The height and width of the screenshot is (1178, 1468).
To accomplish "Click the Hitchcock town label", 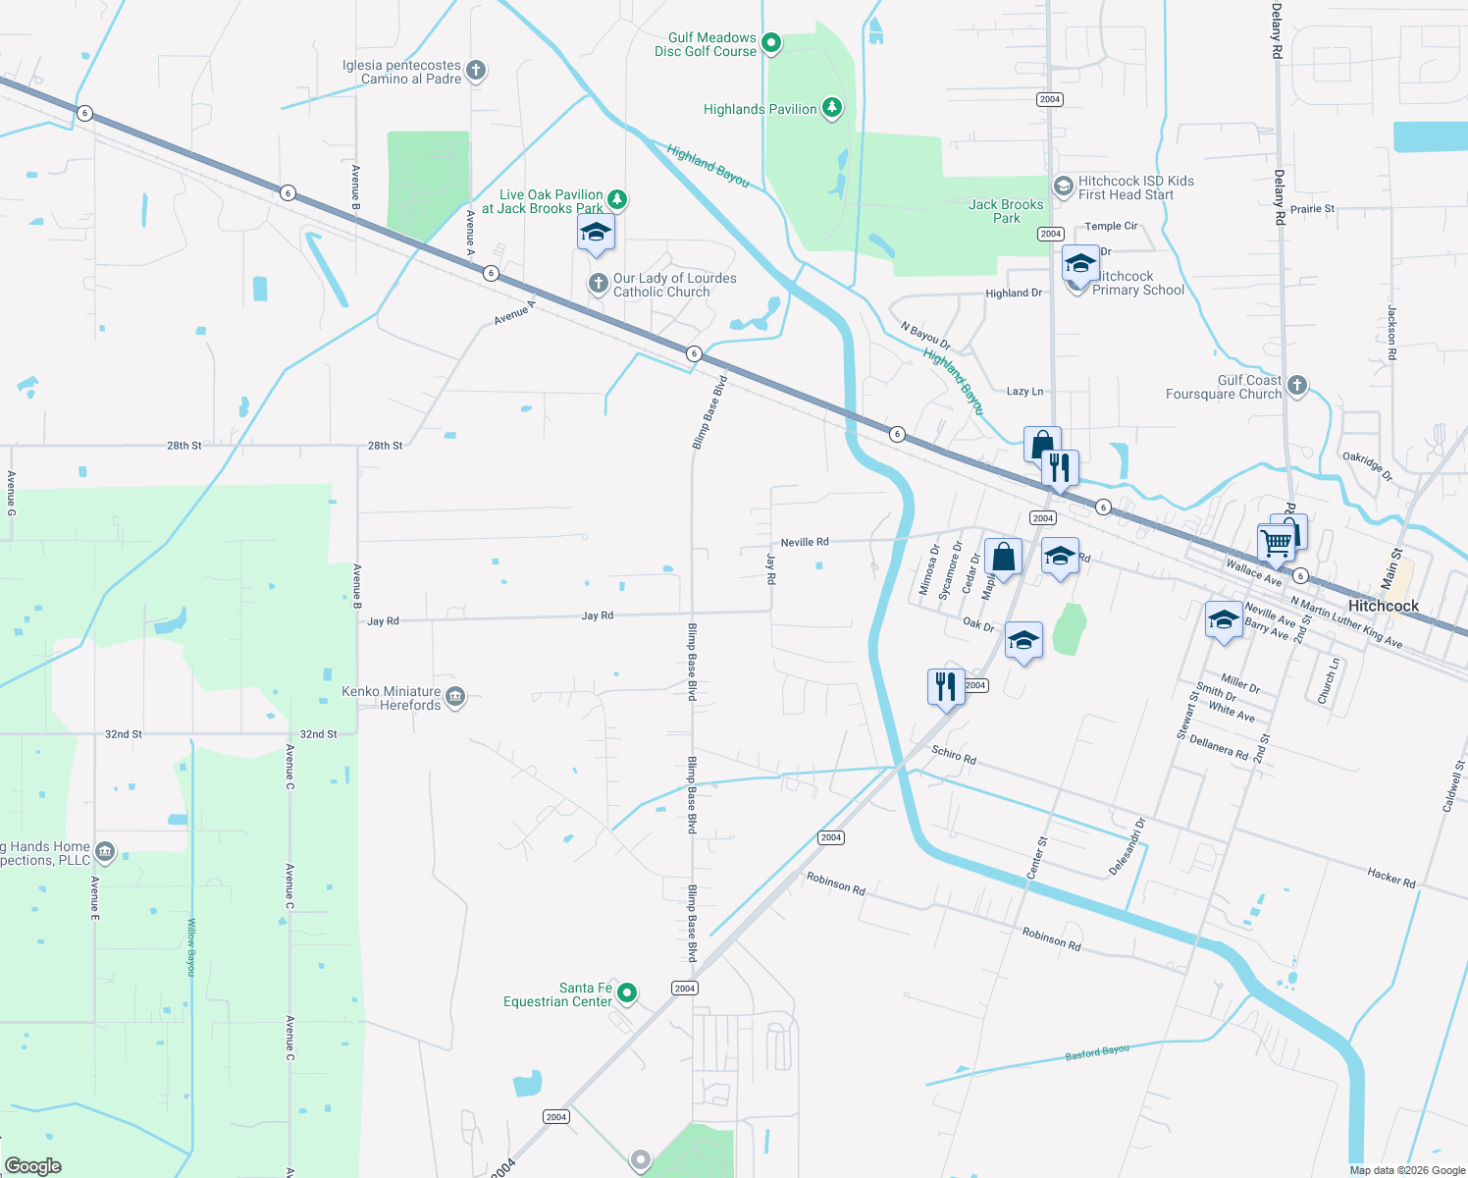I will click(x=1383, y=606).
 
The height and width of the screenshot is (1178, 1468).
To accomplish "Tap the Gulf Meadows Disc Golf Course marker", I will click(x=771, y=42).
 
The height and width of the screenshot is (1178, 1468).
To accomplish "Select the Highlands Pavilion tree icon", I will click(x=832, y=108).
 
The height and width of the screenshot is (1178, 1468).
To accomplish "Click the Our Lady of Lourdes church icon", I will click(x=598, y=284).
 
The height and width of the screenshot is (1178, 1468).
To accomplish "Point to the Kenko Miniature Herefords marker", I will click(x=454, y=697).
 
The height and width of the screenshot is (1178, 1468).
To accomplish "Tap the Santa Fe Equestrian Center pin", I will click(x=627, y=993).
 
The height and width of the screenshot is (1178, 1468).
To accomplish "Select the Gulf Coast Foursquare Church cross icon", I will click(x=1297, y=386).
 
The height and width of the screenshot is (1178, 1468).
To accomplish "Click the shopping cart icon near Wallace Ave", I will click(x=1276, y=541).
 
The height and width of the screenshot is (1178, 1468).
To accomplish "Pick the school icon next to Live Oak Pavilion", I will click(x=596, y=233).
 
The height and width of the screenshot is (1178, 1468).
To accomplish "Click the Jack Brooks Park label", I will click(x=1006, y=211).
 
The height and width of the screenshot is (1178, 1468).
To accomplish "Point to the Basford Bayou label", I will click(x=1097, y=1053).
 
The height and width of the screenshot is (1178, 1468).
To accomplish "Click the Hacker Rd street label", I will click(x=1390, y=877).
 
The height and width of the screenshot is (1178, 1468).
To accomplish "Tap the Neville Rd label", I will click(x=805, y=542).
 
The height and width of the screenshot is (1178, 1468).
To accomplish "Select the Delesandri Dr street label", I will click(x=1127, y=847).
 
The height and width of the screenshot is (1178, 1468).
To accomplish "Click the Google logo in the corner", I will click(x=33, y=1165).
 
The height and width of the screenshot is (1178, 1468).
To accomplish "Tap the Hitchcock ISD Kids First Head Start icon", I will click(x=1063, y=187).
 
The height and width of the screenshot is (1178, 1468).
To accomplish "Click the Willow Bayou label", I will click(x=192, y=946).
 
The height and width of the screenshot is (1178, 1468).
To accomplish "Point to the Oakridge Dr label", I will click(x=1367, y=466).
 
